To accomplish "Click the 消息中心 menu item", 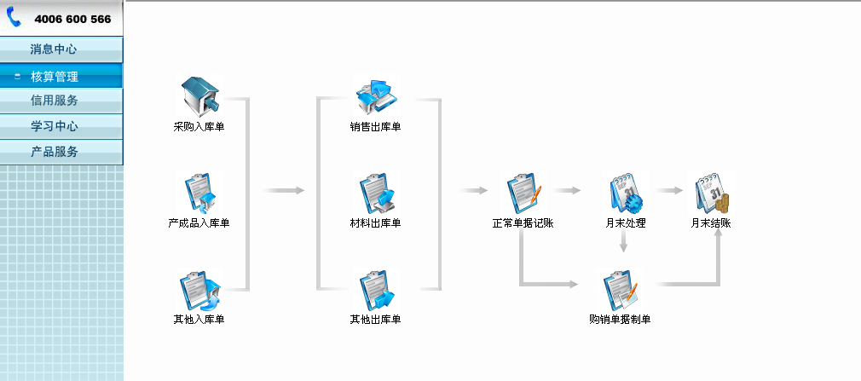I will coord(54,49).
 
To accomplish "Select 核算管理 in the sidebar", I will coord(55,76).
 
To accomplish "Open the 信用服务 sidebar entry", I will coord(54,101).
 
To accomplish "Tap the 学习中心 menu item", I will coord(54,126).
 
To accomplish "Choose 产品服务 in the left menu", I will coord(54,152).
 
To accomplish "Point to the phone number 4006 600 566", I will coord(72,19).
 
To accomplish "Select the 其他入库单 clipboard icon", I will coord(199,292).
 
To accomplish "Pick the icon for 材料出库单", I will coord(376,194).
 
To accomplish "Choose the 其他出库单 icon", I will coord(376,292).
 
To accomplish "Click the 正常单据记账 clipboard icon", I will coord(523,194).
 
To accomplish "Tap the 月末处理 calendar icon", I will coord(625,194).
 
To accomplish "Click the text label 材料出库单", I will coord(375,223).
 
